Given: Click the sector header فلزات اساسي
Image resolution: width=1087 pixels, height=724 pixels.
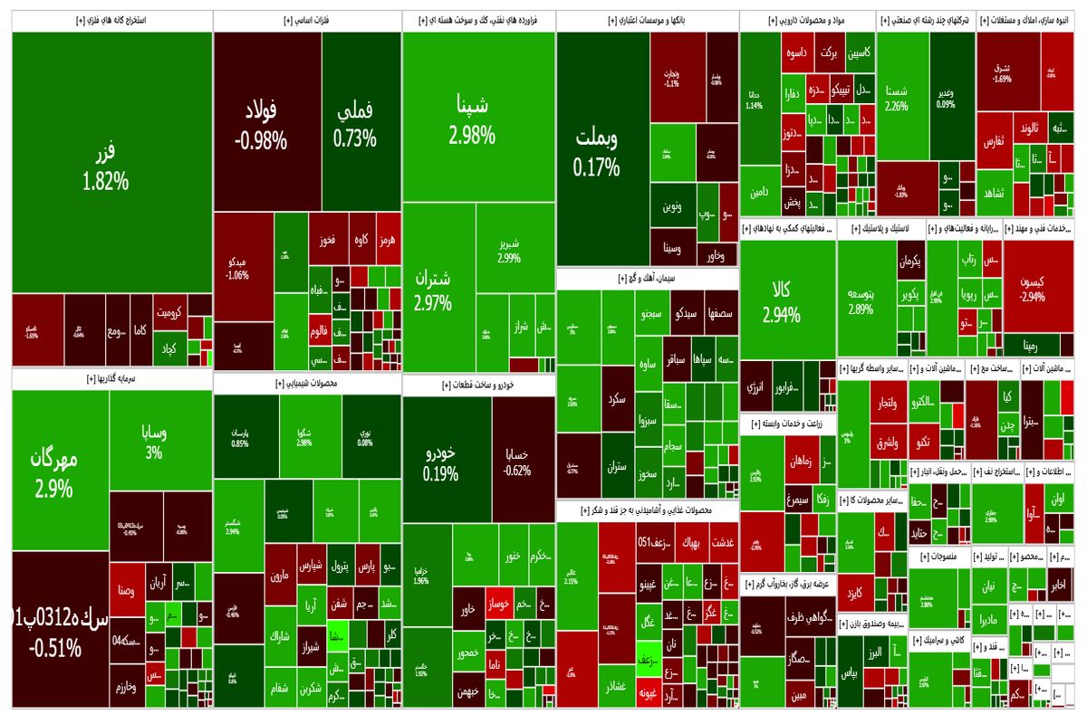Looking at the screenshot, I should pyautogui.click(x=308, y=20).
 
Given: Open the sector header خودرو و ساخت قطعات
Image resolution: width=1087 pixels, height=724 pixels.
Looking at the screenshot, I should pyautogui.click(x=478, y=386).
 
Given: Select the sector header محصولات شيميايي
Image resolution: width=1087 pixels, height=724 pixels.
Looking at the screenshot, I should pyautogui.click(x=308, y=384).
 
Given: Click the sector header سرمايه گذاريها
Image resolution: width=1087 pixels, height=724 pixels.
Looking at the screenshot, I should pyautogui.click(x=112, y=380).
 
